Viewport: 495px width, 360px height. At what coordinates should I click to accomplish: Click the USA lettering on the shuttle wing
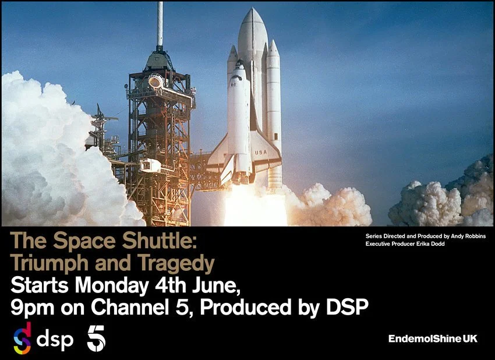[x=260, y=153]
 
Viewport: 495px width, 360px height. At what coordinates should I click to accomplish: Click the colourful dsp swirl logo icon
[x=22, y=338]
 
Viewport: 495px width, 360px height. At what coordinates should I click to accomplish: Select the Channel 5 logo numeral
[x=96, y=338]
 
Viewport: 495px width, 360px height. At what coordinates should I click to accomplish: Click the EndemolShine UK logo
[x=433, y=338]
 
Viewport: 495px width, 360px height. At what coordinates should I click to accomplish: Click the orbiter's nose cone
[x=239, y=65]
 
